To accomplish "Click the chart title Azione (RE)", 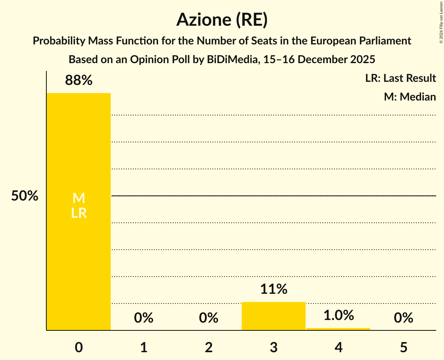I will pos(222,19).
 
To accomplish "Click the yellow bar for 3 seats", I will pos(274,316).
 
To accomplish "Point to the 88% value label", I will pos(79,81).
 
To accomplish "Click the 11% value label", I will pos(274,289).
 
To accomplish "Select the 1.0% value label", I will pos(338,315).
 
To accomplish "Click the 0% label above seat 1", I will pos(143,318).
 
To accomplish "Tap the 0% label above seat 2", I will pos(209,318).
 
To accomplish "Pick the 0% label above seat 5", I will pos(403,318).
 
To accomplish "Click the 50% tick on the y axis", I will pos(25,196).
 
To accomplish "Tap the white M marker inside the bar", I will pos(79,198).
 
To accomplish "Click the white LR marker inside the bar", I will pos(79,213).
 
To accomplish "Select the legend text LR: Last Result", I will pos(400,78).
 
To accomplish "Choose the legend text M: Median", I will pos(410,97).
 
